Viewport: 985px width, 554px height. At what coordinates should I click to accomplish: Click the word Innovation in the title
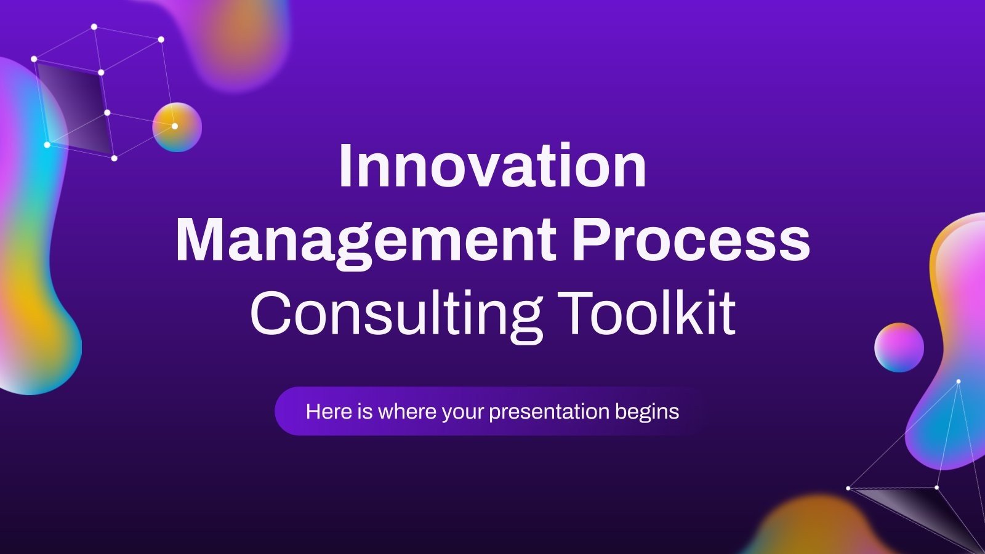point(492,166)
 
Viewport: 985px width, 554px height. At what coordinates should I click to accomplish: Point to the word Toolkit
point(649,314)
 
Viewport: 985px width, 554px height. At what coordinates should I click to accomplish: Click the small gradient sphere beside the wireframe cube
point(177,127)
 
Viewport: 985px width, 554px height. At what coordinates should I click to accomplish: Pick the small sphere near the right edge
point(899,348)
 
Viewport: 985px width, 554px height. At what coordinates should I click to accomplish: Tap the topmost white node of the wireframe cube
point(94,26)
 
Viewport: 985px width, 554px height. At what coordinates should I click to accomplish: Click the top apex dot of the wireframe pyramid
point(958,382)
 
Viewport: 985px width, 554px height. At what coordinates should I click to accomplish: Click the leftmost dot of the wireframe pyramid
point(848,488)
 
